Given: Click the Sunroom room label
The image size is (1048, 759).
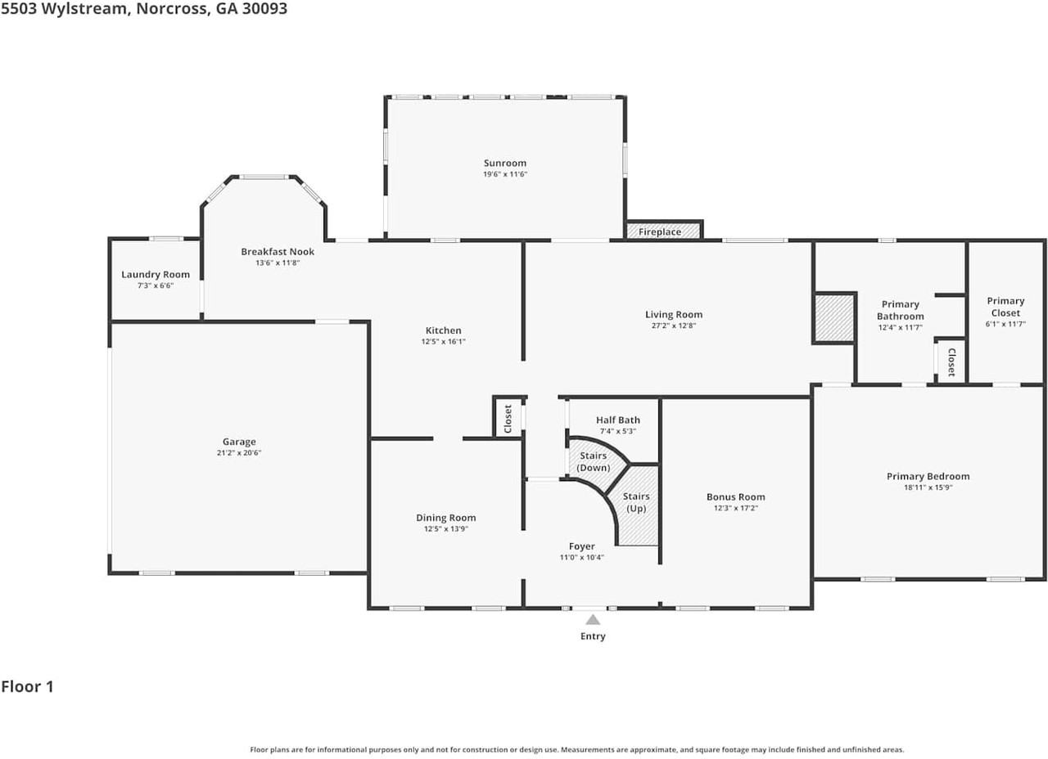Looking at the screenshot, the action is pos(505,163).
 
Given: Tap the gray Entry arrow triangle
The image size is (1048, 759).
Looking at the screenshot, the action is pos(593,620).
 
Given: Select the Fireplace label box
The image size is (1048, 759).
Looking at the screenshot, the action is pos(663,231).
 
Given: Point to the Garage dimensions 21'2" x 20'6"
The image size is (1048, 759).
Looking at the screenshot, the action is pos(239,452).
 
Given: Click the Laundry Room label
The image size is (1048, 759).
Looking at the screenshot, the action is pos(156,275).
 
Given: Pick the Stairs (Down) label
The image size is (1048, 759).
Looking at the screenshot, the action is pos(594,461).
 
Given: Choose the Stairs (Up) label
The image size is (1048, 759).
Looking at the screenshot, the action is pos(636,502).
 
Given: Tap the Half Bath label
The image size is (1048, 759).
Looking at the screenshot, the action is pos(617,420).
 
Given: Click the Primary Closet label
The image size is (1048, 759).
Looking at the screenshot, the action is pos(1005,307).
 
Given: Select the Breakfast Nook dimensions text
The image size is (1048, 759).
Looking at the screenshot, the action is pos(278,263).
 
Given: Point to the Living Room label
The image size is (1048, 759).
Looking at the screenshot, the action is pos(674,315).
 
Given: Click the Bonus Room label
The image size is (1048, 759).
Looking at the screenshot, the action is pos(735,496).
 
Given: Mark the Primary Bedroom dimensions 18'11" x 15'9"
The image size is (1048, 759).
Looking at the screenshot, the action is pos(928,487).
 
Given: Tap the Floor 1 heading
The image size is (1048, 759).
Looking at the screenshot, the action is pos(27,686).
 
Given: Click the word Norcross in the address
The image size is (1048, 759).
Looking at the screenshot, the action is pos(173,8).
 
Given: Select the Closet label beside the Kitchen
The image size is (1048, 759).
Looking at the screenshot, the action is pos(508,419).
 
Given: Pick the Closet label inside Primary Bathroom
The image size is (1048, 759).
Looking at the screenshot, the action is pos(951,362).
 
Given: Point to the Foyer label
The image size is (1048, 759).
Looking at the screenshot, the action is pos(581,546).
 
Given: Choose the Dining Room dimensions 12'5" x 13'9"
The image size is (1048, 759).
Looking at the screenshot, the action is pos(446,529).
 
